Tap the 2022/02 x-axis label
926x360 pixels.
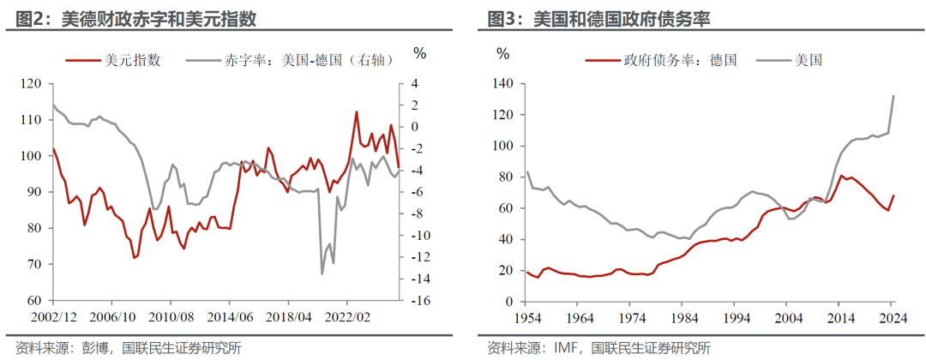346,317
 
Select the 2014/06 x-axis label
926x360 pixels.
229,317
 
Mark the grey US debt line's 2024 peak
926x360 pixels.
894,96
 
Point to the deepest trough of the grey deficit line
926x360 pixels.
322,273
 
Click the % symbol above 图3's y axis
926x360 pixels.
502,53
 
